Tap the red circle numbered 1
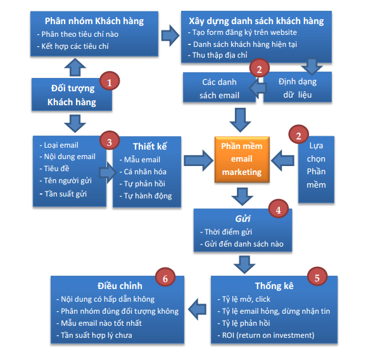[110, 82]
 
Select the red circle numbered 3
[109, 141]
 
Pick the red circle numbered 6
[165, 278]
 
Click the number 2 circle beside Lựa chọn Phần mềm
[298, 134]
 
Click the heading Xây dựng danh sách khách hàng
[253, 21]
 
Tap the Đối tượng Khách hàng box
[72, 94]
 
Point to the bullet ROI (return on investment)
[270, 335]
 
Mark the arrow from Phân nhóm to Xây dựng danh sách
[169, 32]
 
